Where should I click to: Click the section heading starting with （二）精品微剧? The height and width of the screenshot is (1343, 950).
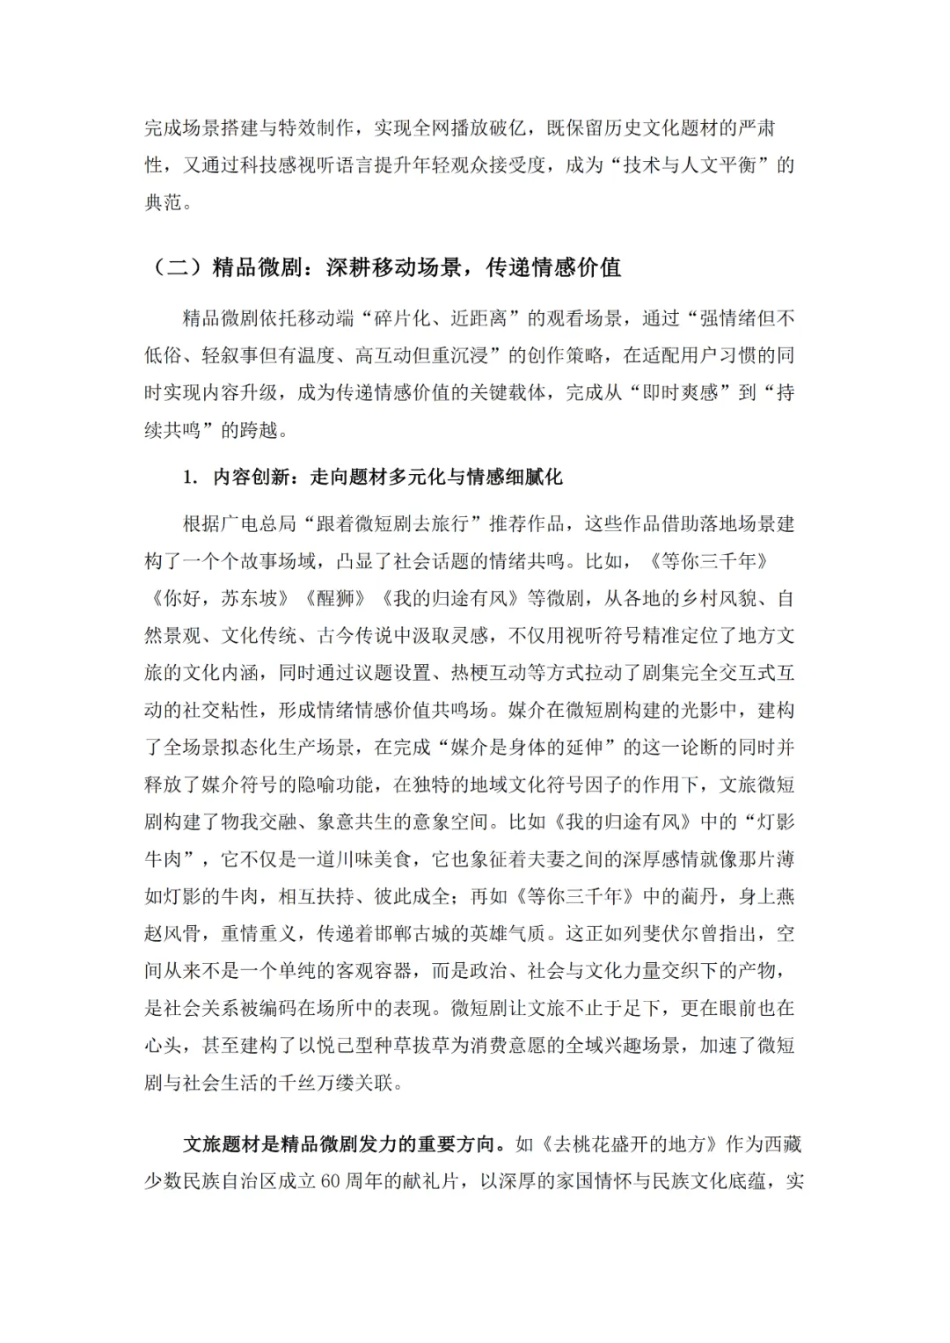click(384, 267)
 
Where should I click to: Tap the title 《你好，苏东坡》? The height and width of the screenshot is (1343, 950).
click(221, 599)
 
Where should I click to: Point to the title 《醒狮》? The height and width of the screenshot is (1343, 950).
click(335, 599)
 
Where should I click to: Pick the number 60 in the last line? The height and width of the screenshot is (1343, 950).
click(332, 1182)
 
